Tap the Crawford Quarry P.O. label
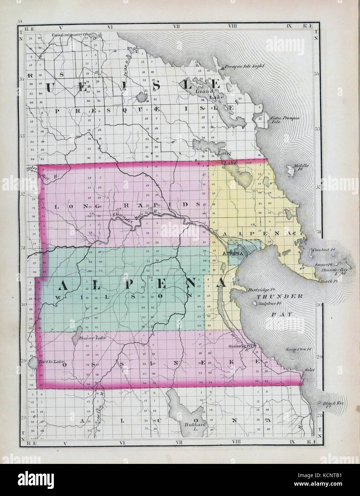coord(69,35)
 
